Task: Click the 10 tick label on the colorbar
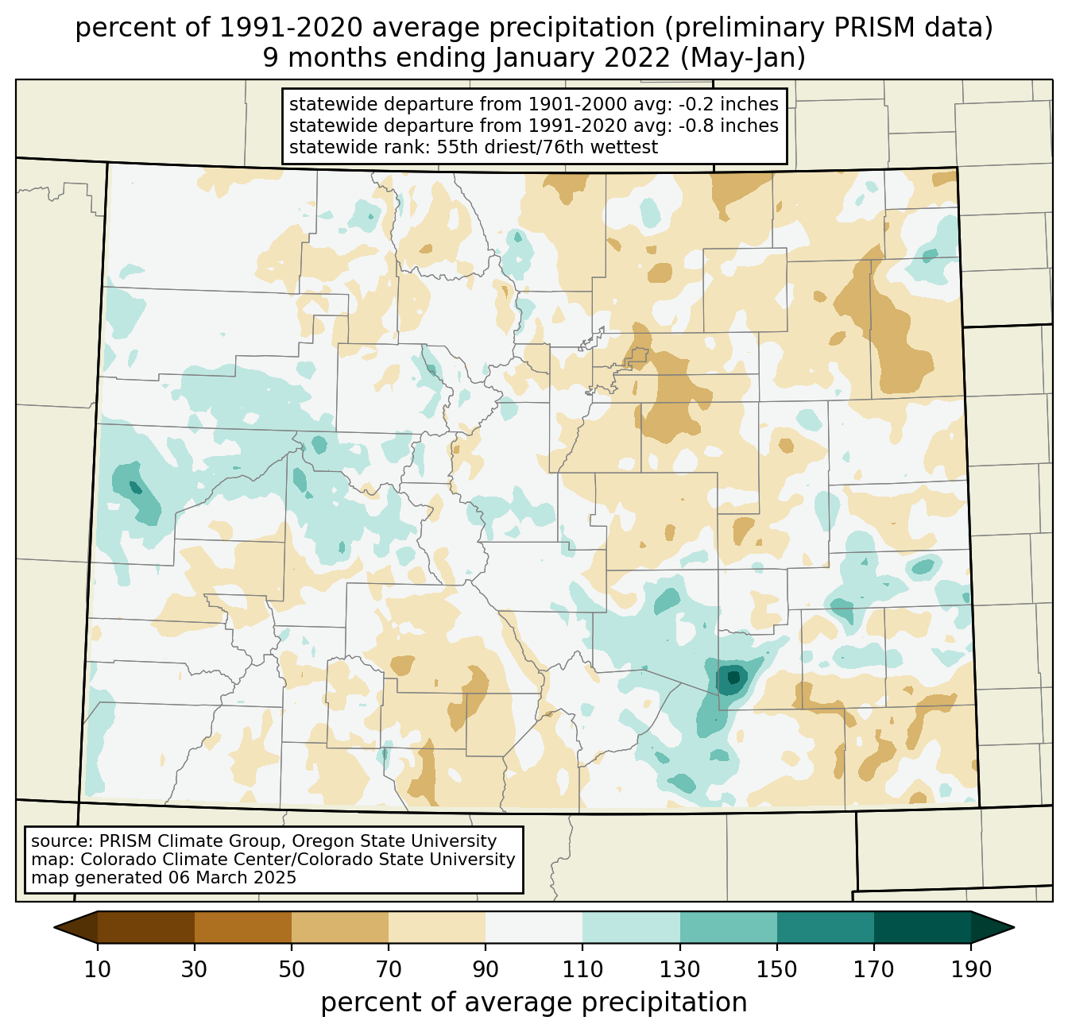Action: [98, 970]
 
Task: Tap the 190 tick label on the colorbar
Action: [971, 970]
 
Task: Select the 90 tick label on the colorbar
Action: [486, 970]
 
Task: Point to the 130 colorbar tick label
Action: [680, 970]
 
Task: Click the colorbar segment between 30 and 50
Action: [243, 927]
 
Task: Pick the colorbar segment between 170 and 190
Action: [923, 927]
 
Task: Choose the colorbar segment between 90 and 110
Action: [534, 927]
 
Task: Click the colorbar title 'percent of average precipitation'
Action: [534, 1003]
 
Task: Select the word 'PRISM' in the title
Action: [836, 29]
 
